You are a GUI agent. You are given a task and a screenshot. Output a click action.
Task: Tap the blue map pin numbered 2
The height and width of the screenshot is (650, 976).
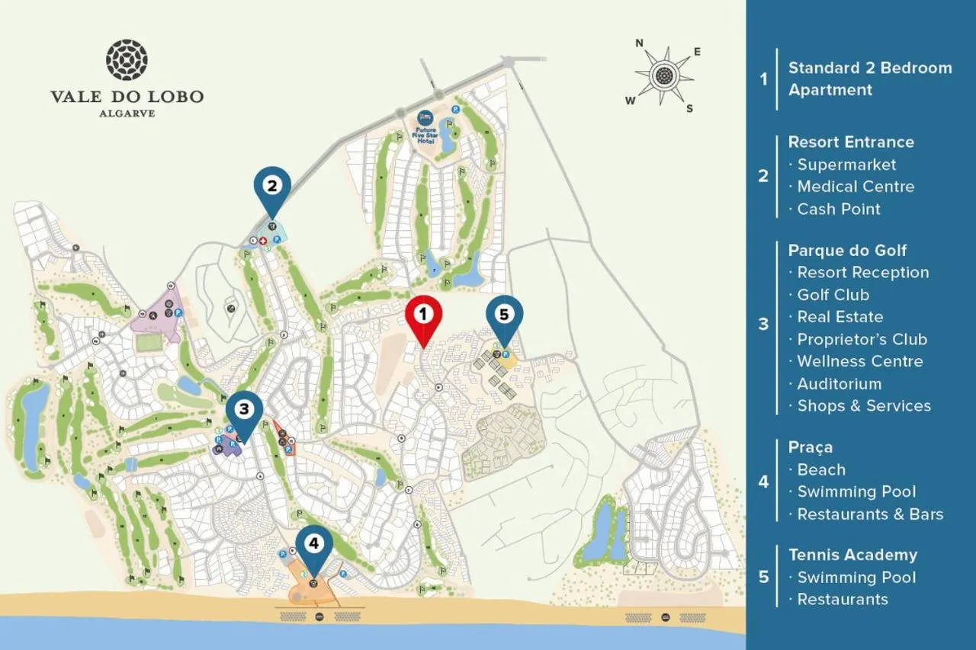pos(272,186)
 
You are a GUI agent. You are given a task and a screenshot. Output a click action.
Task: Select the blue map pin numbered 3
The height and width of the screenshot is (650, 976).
pos(244,411)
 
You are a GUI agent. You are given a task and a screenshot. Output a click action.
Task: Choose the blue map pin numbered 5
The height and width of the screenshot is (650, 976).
pos(504,315)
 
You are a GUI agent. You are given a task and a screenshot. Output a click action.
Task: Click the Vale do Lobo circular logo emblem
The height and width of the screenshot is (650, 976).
pos(127,60)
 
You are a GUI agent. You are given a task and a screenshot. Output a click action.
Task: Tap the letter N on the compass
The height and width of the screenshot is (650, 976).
pos(639,43)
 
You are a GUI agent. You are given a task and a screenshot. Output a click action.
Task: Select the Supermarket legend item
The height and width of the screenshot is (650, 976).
pos(846,165)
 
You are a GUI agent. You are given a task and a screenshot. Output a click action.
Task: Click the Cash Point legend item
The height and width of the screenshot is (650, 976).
pos(839,209)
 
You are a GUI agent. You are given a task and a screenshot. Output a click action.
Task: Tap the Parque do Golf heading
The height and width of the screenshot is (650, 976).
pos(847,250)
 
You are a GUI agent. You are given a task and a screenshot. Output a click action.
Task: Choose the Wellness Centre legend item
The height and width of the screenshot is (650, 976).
pos(860,361)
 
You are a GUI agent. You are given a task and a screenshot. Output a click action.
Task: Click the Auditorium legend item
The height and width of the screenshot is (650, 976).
pos(839,383)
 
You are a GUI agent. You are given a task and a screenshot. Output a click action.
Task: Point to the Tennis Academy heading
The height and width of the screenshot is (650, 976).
pos(852,555)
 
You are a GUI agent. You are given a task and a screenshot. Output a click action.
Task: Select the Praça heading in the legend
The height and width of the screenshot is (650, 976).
pos(811,447)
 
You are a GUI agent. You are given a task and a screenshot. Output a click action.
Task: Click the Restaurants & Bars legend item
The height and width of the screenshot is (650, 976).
pos(870,514)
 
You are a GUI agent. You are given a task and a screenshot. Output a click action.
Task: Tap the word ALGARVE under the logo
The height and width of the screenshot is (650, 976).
pos(127,113)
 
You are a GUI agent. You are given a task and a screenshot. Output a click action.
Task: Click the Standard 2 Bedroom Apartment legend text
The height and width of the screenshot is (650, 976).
pos(869,78)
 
